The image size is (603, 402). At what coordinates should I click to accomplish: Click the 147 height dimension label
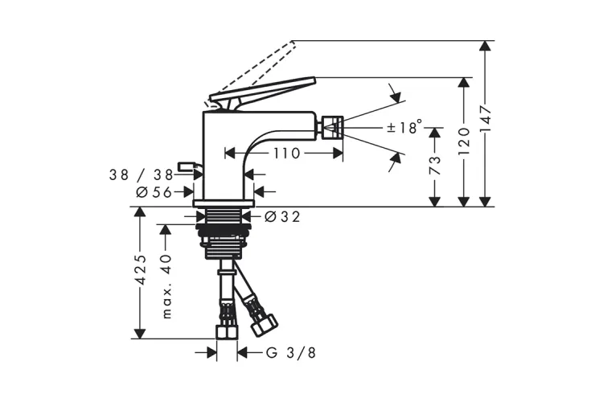coord(486,119)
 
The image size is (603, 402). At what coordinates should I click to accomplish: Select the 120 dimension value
coord(465,142)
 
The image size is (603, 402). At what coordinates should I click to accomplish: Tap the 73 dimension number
coord(434,165)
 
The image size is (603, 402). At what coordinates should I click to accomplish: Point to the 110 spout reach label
coord(286,154)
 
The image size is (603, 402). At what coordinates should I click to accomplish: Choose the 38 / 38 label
coord(142,175)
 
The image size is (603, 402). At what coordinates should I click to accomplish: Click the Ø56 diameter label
coord(154,192)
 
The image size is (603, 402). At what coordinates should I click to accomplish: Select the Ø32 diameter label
coord(283,217)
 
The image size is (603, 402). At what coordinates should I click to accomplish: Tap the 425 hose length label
coord(142,269)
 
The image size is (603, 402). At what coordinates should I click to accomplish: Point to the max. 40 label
coord(166,286)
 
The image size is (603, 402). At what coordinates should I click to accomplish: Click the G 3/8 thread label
coord(291,352)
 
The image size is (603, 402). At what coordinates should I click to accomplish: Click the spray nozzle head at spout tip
coord(331,127)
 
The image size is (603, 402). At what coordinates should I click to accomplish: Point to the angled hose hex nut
coord(265,325)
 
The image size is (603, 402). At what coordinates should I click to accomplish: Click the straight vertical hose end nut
coord(227,332)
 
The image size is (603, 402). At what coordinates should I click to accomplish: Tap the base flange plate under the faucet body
coord(224,203)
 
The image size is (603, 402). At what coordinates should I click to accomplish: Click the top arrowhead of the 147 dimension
coord(486,46)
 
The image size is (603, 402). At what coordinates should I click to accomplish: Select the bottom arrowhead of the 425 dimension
coord(141,333)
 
